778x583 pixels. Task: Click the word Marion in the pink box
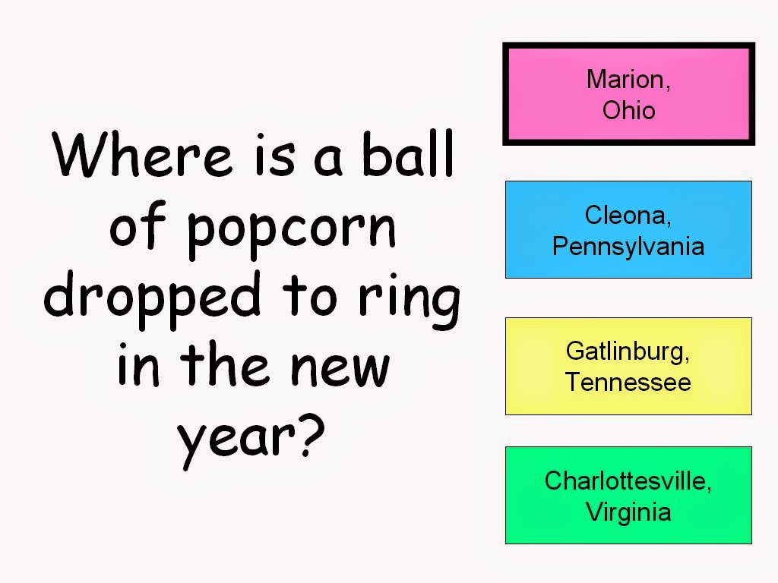(x=625, y=79)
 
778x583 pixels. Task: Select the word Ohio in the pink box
(x=628, y=110)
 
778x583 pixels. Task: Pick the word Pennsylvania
(x=628, y=247)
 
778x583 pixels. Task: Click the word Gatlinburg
(x=625, y=351)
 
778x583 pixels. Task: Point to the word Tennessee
(x=628, y=383)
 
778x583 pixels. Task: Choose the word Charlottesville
(x=625, y=481)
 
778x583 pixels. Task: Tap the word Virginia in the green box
(x=628, y=512)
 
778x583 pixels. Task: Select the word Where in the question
(x=142, y=153)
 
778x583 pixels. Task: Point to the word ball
(x=408, y=153)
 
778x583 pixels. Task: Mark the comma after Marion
(x=667, y=88)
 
